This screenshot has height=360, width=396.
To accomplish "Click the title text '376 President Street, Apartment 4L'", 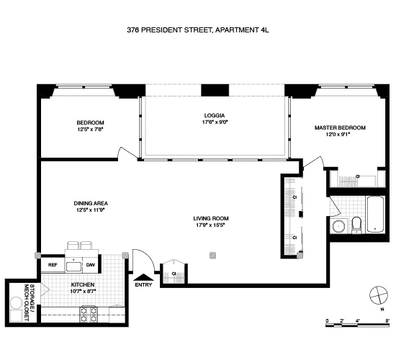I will [x=197, y=31].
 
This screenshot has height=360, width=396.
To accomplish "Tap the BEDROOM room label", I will [x=91, y=122].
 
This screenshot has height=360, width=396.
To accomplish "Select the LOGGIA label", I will [x=215, y=115].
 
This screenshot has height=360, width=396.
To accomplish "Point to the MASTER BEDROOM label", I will [x=339, y=127].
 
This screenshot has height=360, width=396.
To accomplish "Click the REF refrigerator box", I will [x=53, y=265].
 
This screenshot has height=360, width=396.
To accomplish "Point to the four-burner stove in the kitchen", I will [x=88, y=314].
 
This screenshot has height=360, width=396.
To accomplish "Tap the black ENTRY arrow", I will [x=144, y=276].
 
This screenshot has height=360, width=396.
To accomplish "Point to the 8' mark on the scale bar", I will [x=387, y=320].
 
